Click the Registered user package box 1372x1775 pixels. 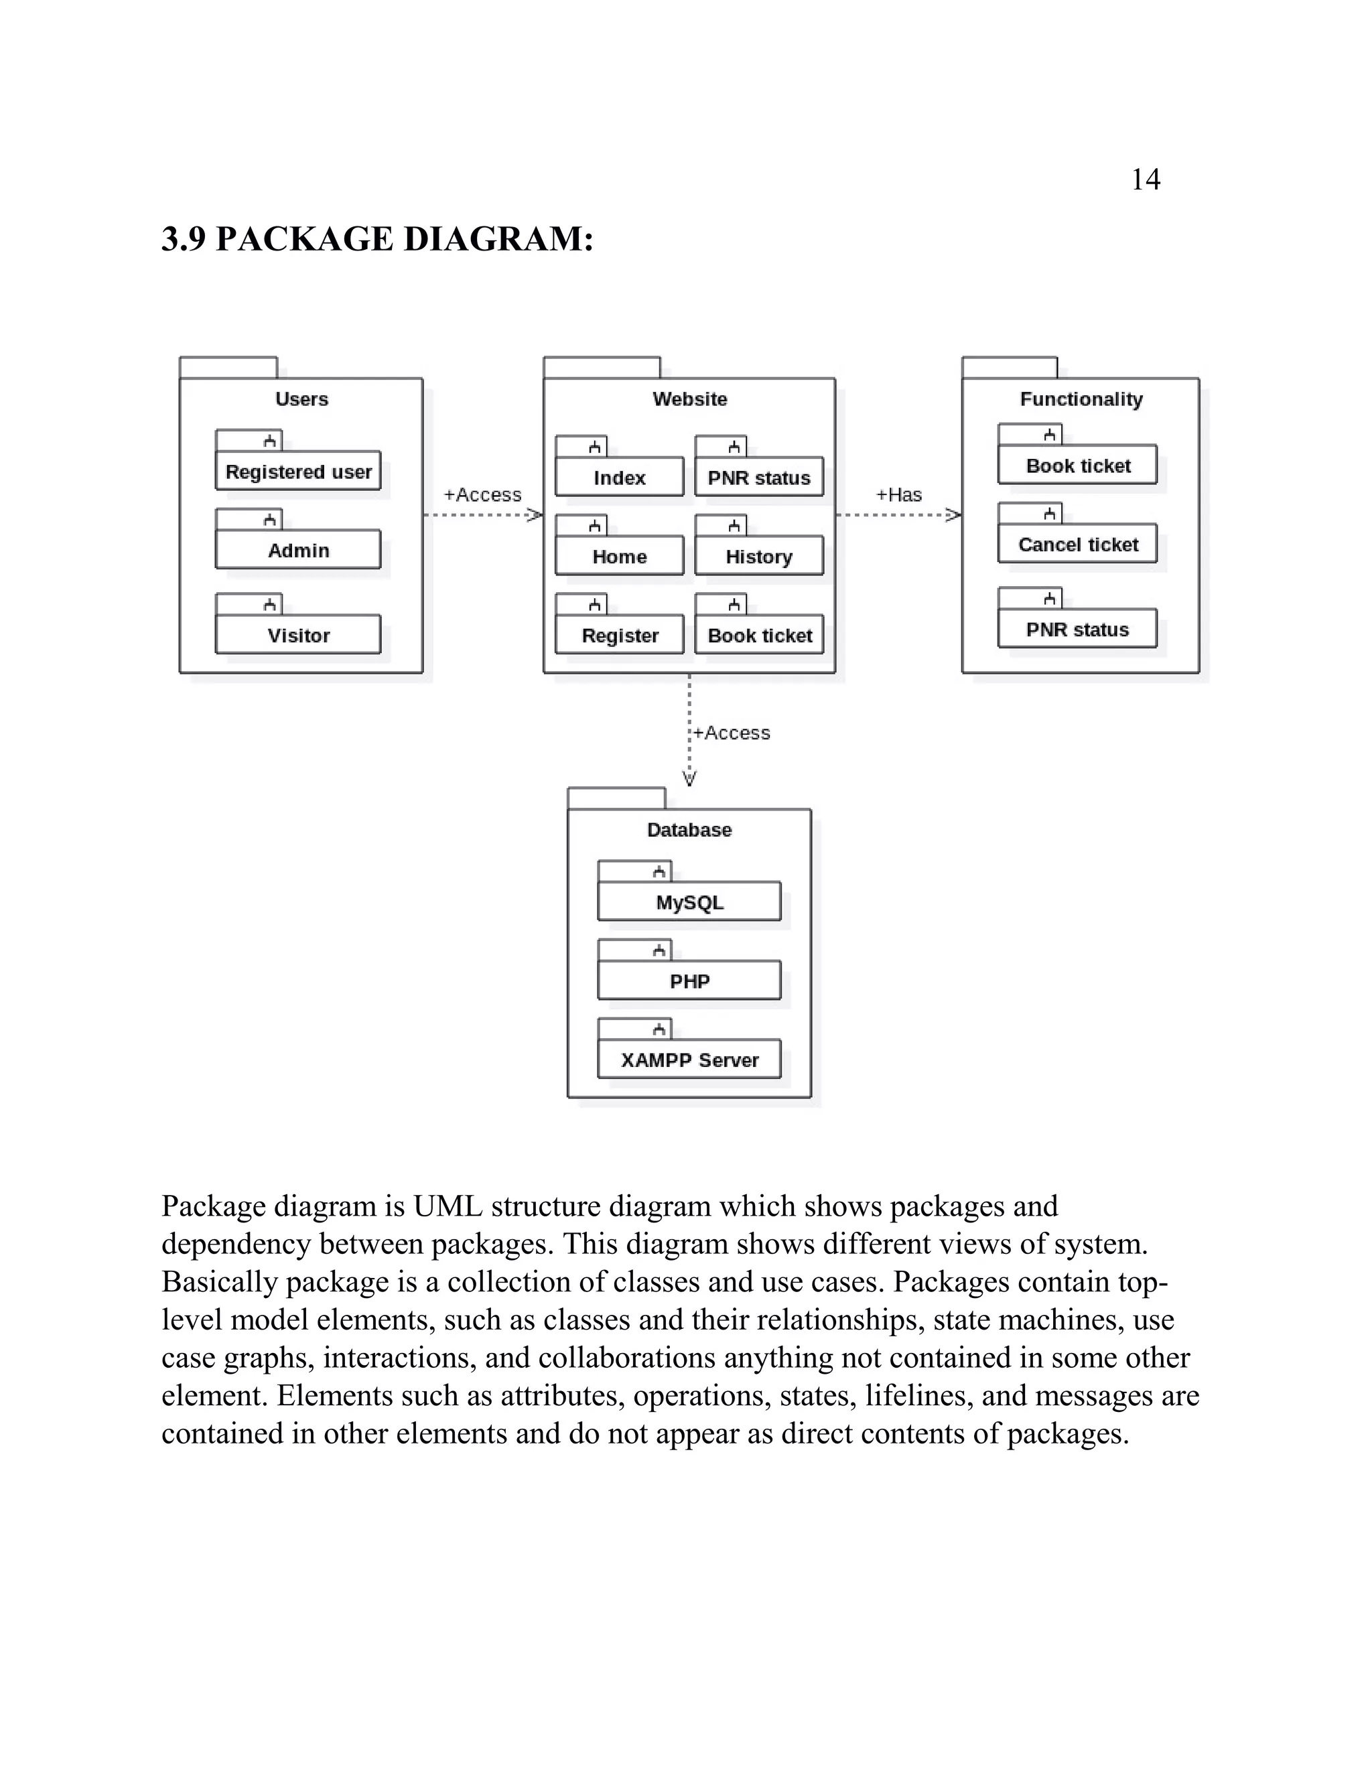point(298,472)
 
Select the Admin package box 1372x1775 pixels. point(298,550)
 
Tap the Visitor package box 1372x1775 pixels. point(298,635)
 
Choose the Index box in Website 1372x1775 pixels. point(620,477)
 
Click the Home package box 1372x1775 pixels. point(620,556)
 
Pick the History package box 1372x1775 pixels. point(758,556)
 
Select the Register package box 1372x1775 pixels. point(620,635)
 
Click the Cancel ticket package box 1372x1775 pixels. point(1078,545)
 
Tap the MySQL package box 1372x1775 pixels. point(689,902)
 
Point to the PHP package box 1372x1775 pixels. point(689,981)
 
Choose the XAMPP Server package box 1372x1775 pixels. point(689,1060)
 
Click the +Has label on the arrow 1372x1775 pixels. point(899,495)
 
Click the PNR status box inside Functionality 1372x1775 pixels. point(1078,629)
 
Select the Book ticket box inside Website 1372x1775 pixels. point(759,635)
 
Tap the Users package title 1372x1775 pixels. point(301,399)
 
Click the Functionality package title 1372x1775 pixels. point(1081,399)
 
